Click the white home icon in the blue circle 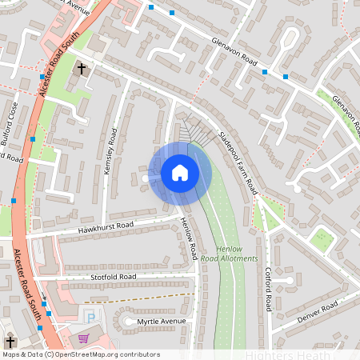(x=180, y=173)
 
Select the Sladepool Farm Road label (x=237, y=162)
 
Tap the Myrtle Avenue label (x=160, y=321)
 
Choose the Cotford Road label (x=269, y=290)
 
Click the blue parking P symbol (x=90, y=318)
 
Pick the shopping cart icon (x=82, y=338)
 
